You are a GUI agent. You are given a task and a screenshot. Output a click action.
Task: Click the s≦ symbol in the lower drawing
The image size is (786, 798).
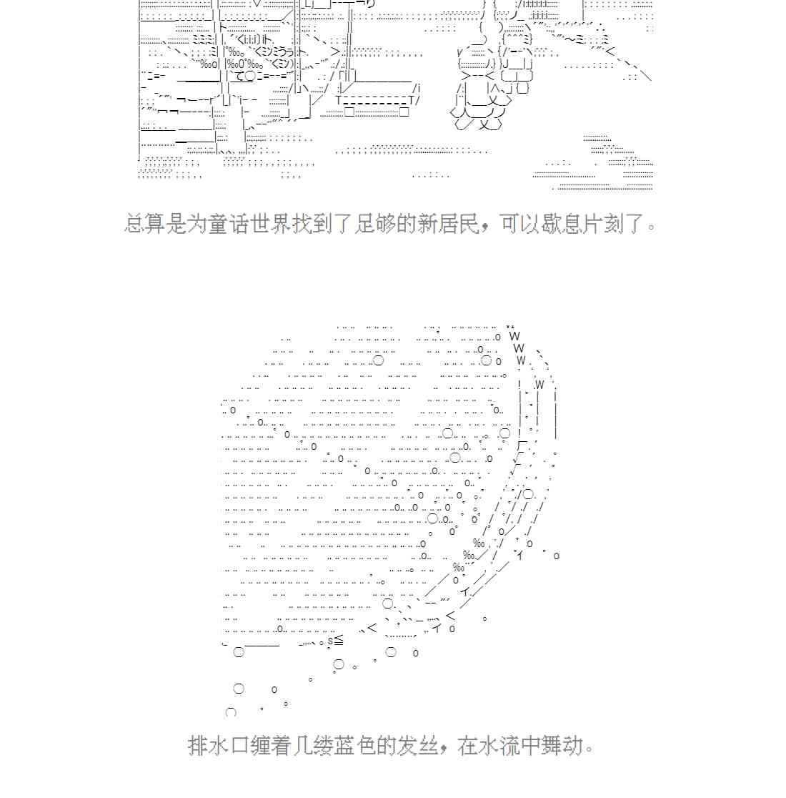pyautogui.click(x=335, y=640)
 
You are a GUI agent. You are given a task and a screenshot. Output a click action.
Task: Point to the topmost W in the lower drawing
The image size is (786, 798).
pyautogui.click(x=514, y=336)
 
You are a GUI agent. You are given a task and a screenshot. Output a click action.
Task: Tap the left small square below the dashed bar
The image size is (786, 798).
pyautogui.click(x=349, y=112)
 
